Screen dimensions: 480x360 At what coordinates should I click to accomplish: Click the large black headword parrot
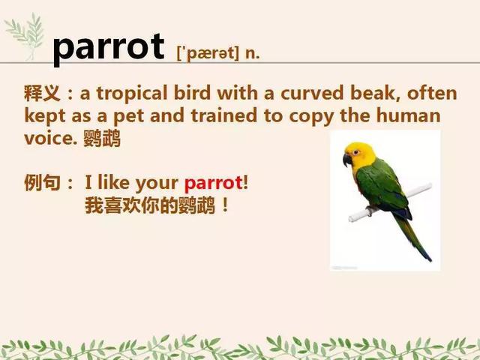click(109, 48)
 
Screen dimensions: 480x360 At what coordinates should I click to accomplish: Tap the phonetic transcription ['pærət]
click(208, 53)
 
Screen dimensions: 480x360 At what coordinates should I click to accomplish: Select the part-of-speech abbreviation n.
click(252, 54)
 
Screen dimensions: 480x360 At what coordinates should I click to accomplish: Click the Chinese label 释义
click(42, 93)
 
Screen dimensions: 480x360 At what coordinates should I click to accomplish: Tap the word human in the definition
click(408, 115)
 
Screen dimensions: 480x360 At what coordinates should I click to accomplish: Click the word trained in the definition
click(223, 115)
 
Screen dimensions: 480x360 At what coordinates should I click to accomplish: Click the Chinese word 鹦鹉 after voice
click(102, 138)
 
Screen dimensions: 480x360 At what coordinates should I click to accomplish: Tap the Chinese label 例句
click(42, 183)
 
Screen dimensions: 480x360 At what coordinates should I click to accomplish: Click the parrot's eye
click(355, 152)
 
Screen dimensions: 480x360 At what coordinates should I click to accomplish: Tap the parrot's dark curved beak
click(346, 160)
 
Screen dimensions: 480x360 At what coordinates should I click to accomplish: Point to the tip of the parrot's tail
click(430, 260)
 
